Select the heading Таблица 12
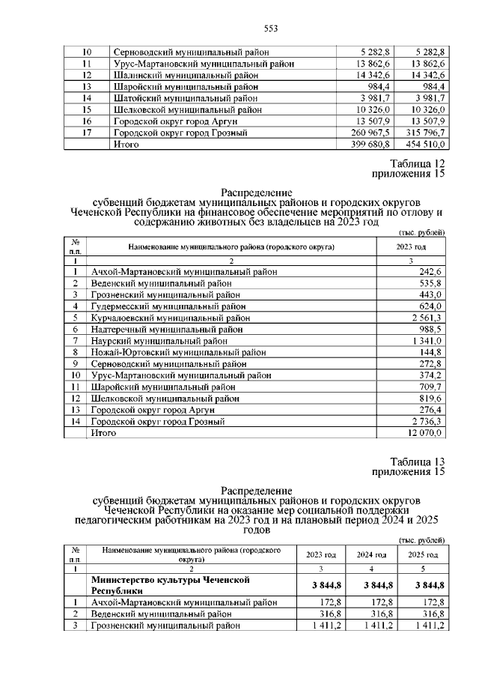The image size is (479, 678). pyautogui.click(x=418, y=163)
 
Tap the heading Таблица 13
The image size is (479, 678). pyautogui.click(x=418, y=461)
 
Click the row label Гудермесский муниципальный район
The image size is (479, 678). pyautogui.click(x=165, y=306)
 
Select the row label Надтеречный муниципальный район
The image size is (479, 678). pyautogui.click(x=167, y=330)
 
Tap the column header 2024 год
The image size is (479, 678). pyautogui.click(x=370, y=554)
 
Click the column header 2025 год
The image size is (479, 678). pyautogui.click(x=422, y=554)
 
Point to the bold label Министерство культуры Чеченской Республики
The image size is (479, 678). pyautogui.click(x=170, y=585)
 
